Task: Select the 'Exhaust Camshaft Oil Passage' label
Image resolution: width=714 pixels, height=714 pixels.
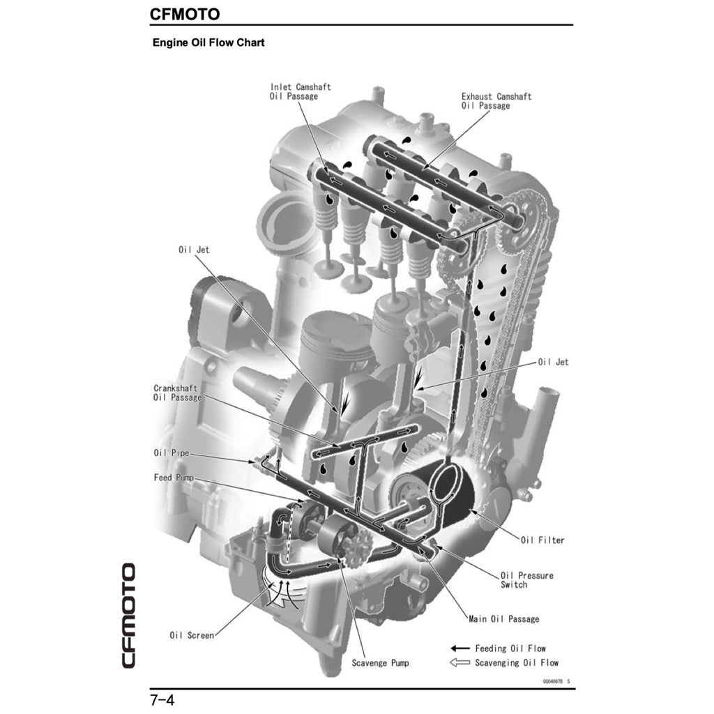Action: (x=496, y=101)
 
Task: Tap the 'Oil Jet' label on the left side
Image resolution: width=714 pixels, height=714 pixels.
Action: (x=193, y=250)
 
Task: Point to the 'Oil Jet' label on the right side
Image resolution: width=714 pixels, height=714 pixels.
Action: (x=553, y=362)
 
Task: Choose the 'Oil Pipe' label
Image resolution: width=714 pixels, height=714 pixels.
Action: (x=171, y=453)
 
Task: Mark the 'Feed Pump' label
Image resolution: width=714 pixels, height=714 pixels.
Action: (x=174, y=478)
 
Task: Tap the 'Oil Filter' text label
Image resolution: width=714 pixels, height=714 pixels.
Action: (x=542, y=540)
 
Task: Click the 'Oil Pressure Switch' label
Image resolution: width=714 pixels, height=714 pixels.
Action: (x=526, y=580)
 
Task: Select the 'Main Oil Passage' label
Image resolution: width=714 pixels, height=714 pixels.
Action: (x=503, y=618)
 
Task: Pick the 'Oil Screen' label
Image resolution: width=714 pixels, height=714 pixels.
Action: (x=192, y=635)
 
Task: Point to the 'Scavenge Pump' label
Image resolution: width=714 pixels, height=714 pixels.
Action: (x=380, y=662)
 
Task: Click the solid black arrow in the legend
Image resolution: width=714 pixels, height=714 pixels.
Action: (x=461, y=648)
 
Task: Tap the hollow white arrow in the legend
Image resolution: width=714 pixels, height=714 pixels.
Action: (x=461, y=662)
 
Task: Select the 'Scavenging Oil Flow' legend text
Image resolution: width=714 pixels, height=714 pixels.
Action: (x=517, y=662)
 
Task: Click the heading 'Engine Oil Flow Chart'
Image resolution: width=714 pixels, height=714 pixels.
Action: (x=208, y=43)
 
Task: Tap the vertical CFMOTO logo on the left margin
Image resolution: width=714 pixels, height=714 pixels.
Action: (x=128, y=614)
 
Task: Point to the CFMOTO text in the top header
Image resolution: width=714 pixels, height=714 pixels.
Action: (x=185, y=14)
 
